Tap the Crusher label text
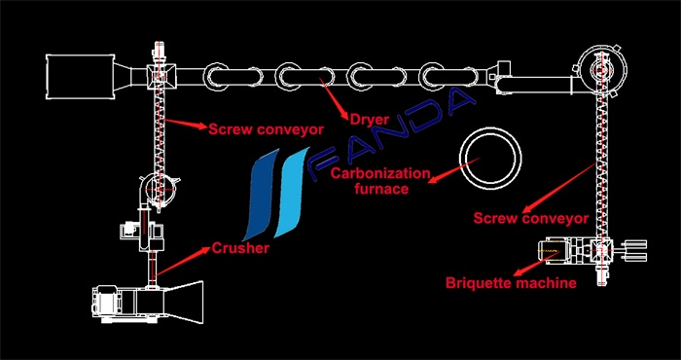click(x=240, y=248)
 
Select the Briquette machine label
click(x=511, y=283)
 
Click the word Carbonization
click(x=380, y=174)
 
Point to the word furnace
click(x=381, y=189)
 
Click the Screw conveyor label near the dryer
click(x=267, y=129)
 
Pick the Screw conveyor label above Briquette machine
click(x=531, y=218)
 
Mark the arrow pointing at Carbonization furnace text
click(x=453, y=170)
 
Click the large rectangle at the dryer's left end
click(x=80, y=77)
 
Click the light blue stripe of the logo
click(x=292, y=193)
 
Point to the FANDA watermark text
click(x=390, y=133)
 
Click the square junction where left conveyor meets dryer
click(x=161, y=74)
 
